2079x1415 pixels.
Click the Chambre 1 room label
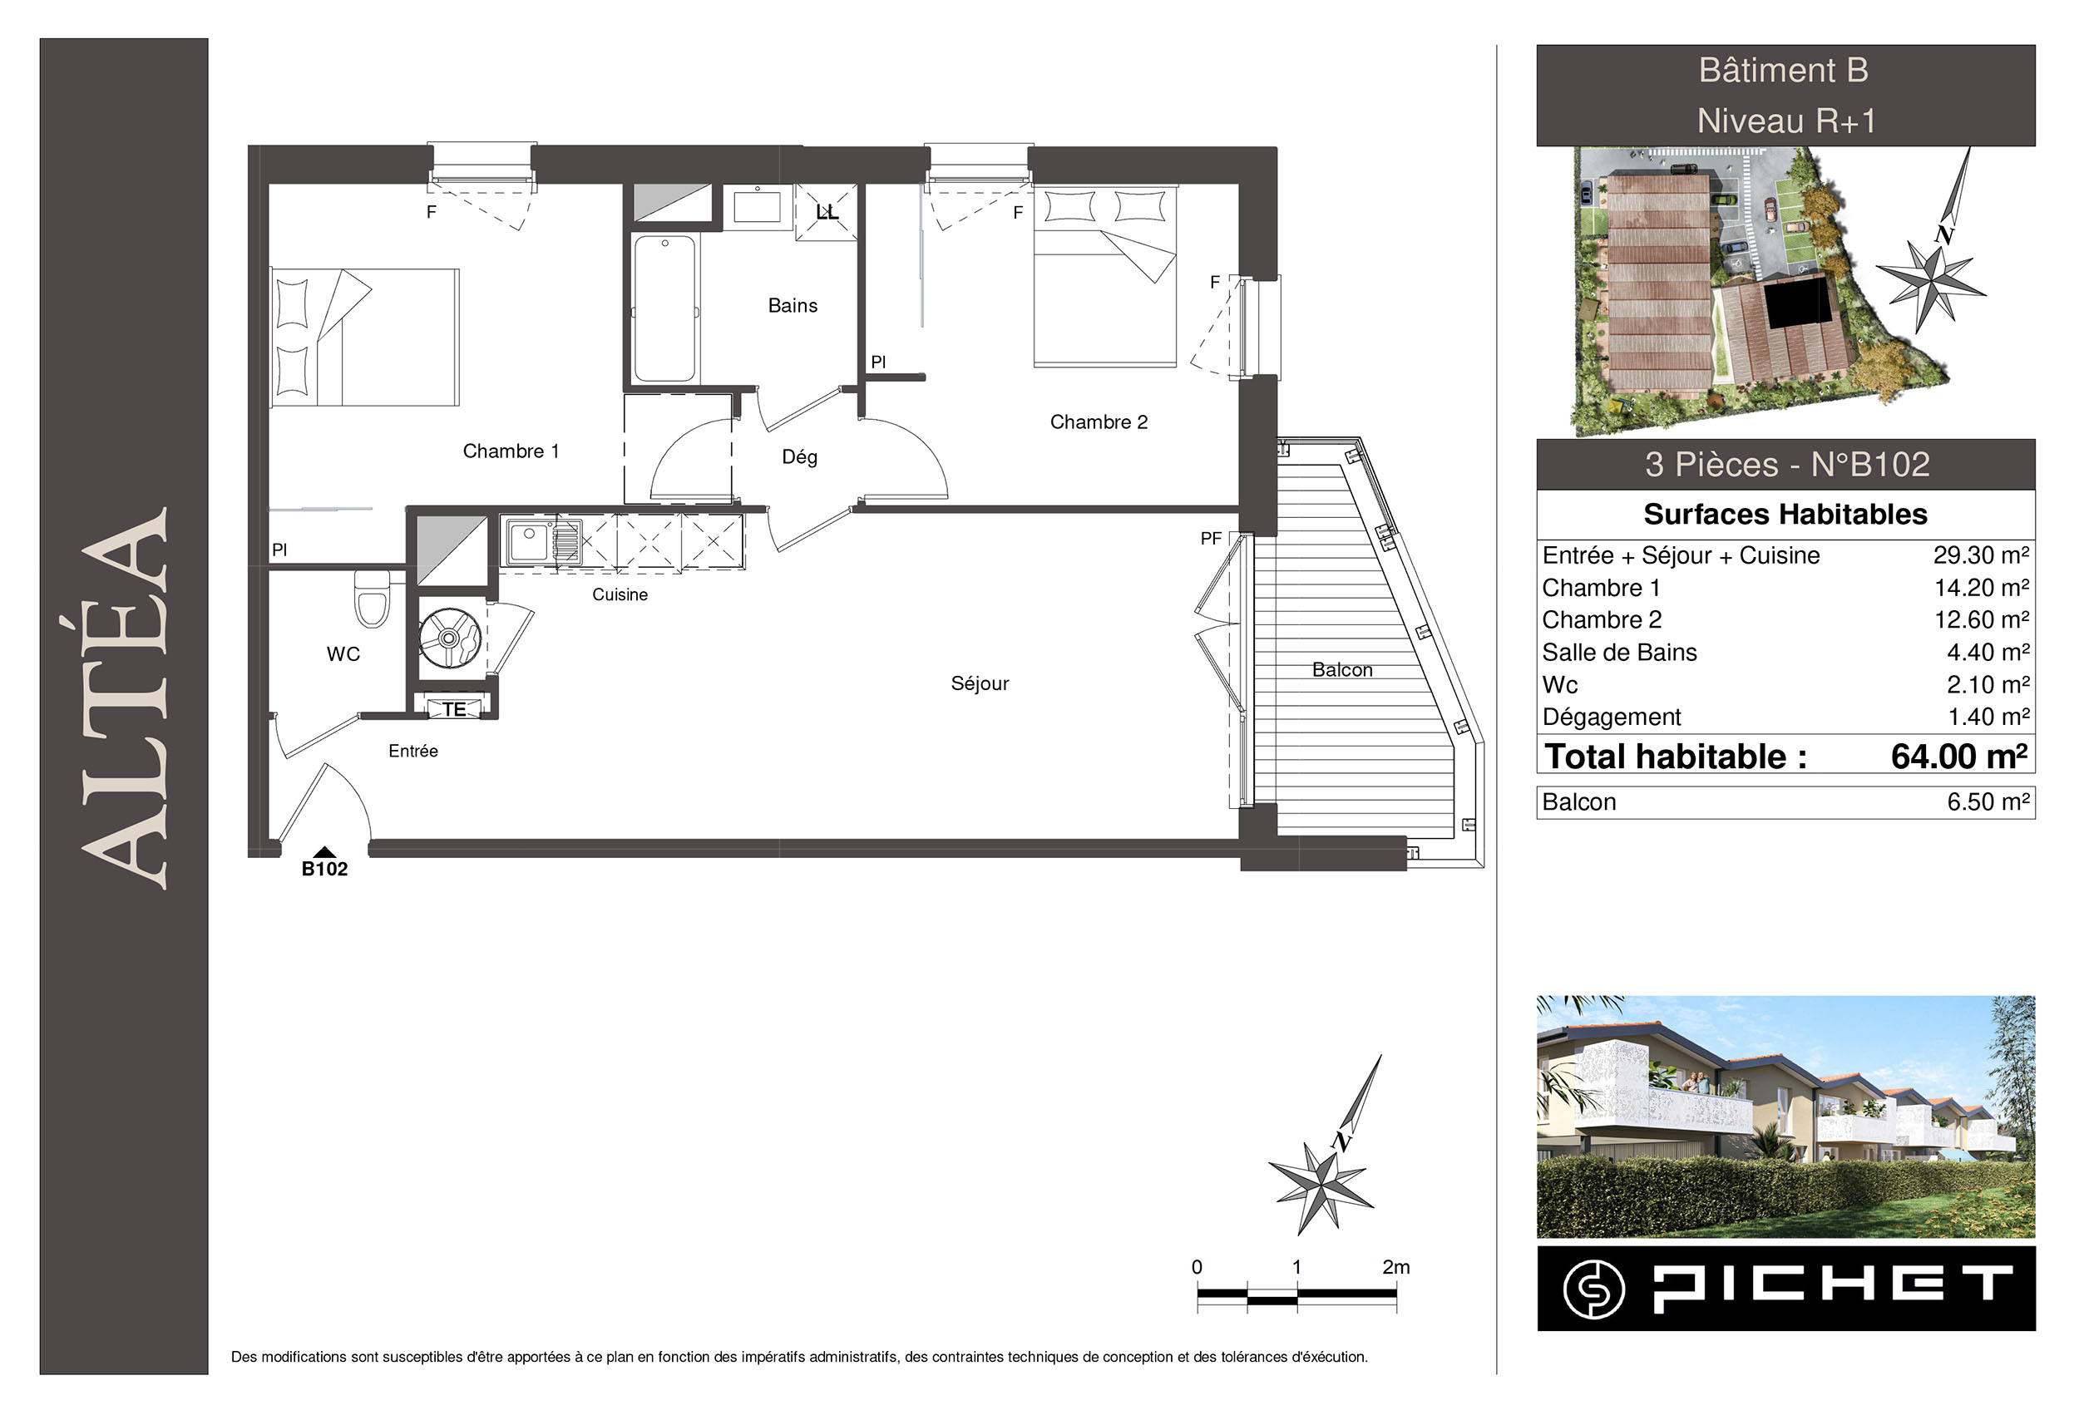(511, 451)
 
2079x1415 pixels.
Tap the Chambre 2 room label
(1099, 422)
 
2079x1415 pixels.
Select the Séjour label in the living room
(980, 683)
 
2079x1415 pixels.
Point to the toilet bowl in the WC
(373, 599)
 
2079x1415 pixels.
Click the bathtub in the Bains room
(664, 308)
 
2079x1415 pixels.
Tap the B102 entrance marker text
(323, 869)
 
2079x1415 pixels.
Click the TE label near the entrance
(454, 709)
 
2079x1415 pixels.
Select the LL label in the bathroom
(827, 212)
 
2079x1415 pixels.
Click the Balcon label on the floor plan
(1342, 670)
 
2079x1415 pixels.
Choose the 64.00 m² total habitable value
(1958, 757)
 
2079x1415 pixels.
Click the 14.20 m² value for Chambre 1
(1982, 588)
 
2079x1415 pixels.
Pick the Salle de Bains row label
(1619, 652)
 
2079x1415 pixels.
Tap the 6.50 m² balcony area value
(1988, 801)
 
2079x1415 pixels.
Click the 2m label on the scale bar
(1395, 1266)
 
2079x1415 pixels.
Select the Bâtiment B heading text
(1784, 71)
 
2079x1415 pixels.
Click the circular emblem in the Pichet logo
(1594, 1289)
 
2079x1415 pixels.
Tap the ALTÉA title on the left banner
(125, 698)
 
